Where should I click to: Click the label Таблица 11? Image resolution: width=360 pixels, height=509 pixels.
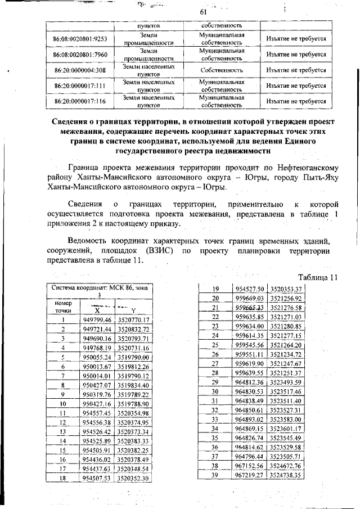coord(317,277)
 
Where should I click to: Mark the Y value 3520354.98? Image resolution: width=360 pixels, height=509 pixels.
coord(133,412)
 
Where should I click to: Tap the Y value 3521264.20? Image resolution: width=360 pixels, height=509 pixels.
coord(286,345)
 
